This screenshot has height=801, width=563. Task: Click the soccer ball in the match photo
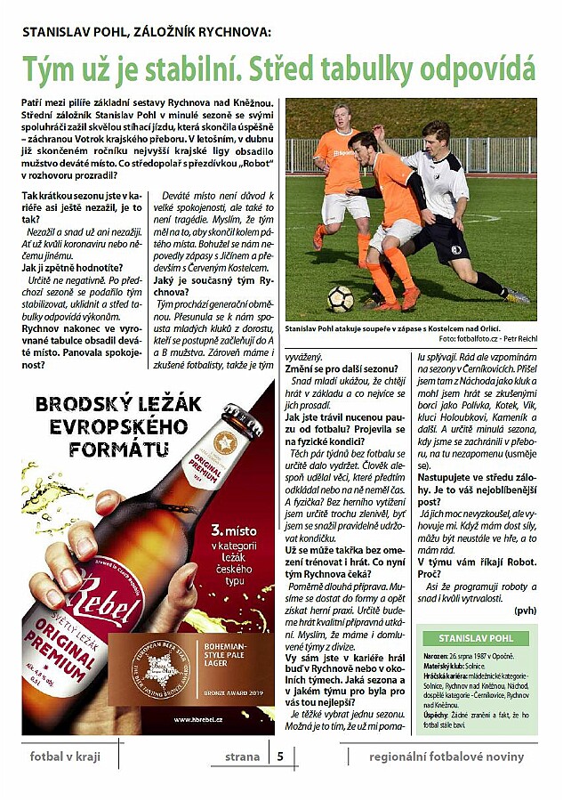[x=339, y=298]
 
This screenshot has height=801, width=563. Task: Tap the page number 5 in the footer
[x=280, y=757]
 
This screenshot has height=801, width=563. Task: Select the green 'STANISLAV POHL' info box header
[x=477, y=638]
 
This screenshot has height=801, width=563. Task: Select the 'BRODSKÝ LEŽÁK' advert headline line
[x=121, y=405]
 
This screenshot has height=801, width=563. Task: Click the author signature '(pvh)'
[x=525, y=611]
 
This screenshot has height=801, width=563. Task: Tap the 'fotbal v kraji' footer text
[x=64, y=757]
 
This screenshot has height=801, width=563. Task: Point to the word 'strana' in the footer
[x=242, y=757]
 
